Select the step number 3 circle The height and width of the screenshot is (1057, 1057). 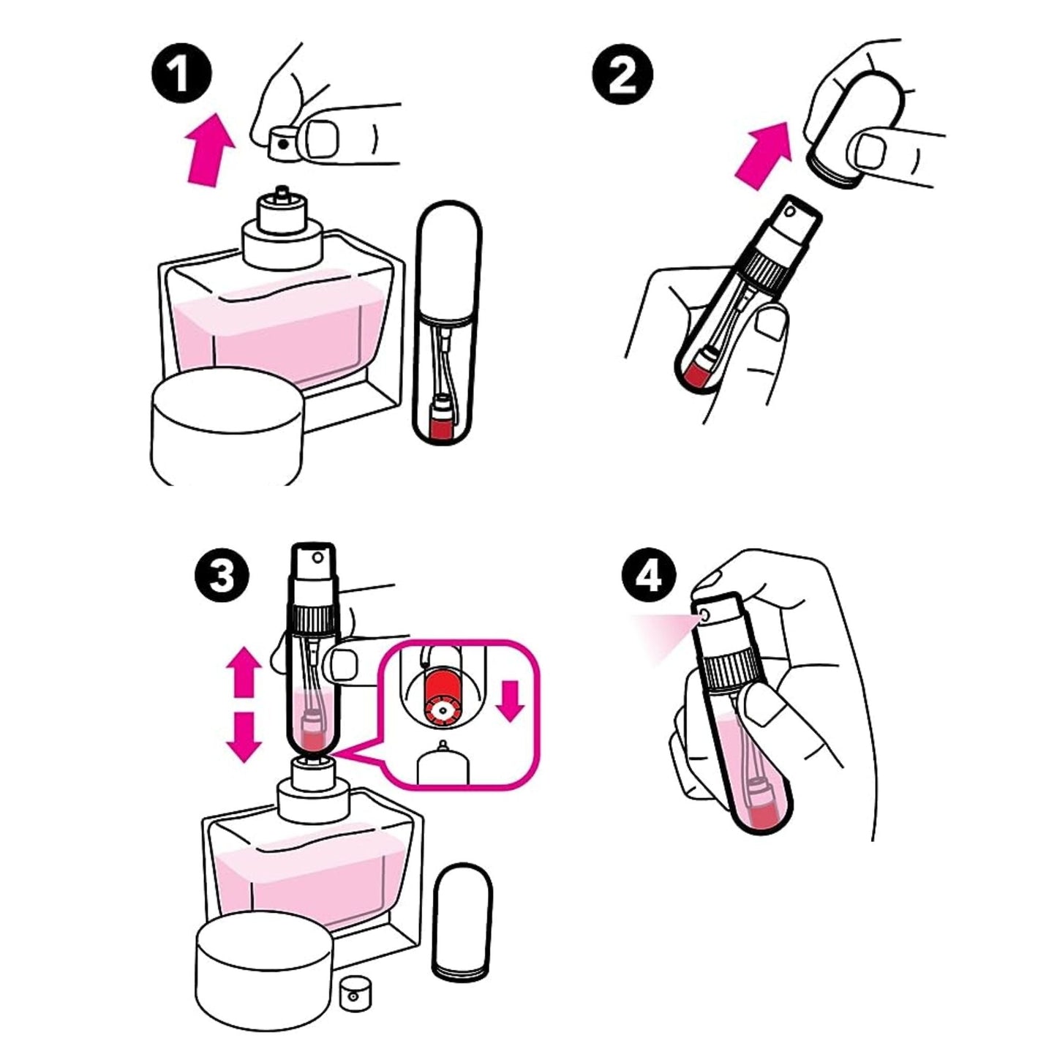(x=222, y=578)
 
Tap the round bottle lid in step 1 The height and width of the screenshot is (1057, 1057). (x=227, y=426)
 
